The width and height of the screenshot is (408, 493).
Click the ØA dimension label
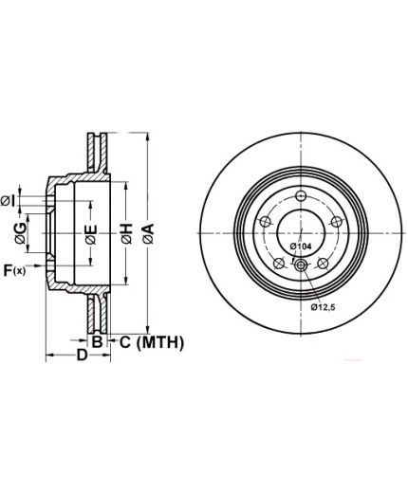[148, 233]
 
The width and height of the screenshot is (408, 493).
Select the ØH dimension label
[126, 233]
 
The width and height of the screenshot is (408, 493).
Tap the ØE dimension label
[91, 234]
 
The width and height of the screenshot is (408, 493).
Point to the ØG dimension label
[20, 233]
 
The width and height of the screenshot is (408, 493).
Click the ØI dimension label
[8, 201]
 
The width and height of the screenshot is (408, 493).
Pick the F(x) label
[14, 270]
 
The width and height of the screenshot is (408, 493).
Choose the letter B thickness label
[97, 341]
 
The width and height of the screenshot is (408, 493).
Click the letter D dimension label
[82, 355]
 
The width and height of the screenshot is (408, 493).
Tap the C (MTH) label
[152, 342]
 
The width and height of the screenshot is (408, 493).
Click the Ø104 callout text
[301, 246]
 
